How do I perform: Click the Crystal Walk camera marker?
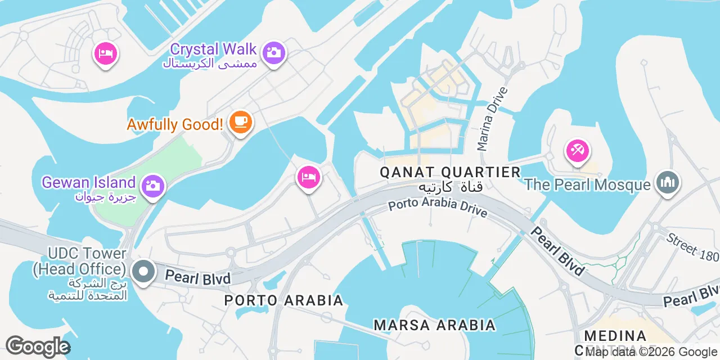point(274,53)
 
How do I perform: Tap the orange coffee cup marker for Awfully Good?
point(241,120)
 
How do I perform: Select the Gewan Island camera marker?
point(152,185)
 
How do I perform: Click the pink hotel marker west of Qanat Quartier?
point(308,177)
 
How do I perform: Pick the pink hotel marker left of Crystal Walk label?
point(105,53)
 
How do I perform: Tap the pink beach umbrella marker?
point(578,150)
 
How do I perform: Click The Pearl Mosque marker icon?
point(668,182)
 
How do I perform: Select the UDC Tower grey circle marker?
point(143,272)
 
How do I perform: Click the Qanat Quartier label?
point(450,172)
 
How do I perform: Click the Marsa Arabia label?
point(435,325)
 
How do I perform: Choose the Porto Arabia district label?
point(283,300)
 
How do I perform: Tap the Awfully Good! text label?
point(175,124)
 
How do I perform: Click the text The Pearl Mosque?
point(587,184)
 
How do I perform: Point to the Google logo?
point(38,346)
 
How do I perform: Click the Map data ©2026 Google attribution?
point(652,353)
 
